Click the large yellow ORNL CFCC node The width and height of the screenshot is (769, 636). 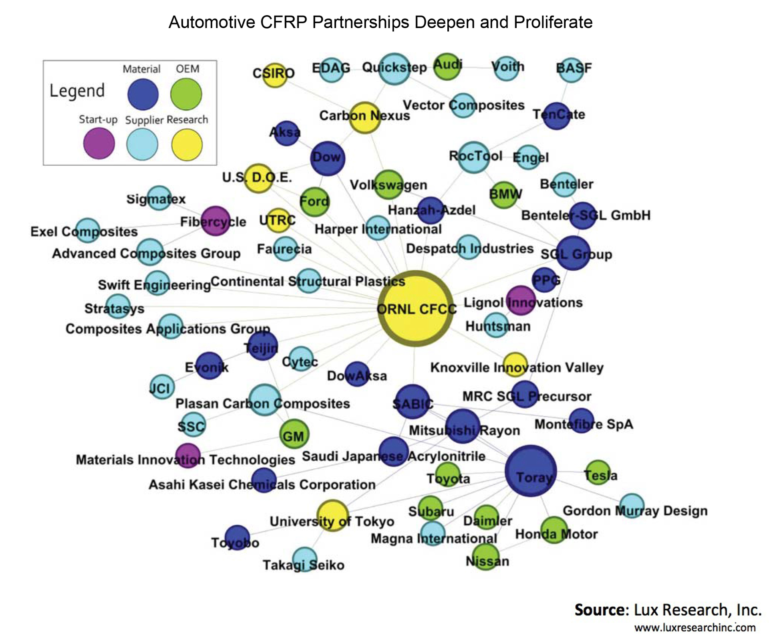pos(416,308)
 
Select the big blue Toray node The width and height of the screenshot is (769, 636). pos(531,471)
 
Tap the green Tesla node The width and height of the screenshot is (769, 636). pos(598,472)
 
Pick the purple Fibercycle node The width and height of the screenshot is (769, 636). pos(215,221)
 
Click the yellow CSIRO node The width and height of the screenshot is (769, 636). pos(275,75)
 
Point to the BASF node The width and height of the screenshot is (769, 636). pos(571,70)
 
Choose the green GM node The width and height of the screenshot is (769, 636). pos(294,434)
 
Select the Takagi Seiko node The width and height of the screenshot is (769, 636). pos(305,559)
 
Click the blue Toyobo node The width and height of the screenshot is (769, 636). pos(237,537)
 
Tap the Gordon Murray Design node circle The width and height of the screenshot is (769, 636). pos(632,506)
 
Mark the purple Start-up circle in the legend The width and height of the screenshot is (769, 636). pos(99,144)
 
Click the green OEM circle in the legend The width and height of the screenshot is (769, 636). pos(186,94)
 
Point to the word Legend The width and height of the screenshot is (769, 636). pos(77,91)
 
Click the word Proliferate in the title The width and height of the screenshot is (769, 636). pos(553,22)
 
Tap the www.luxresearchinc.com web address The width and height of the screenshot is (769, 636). pos(695,627)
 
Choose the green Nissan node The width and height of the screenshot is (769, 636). pos(487,557)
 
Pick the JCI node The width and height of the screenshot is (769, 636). pos(161,387)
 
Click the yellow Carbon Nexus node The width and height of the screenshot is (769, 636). pos(364,117)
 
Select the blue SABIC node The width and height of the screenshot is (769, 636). pos(412,402)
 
